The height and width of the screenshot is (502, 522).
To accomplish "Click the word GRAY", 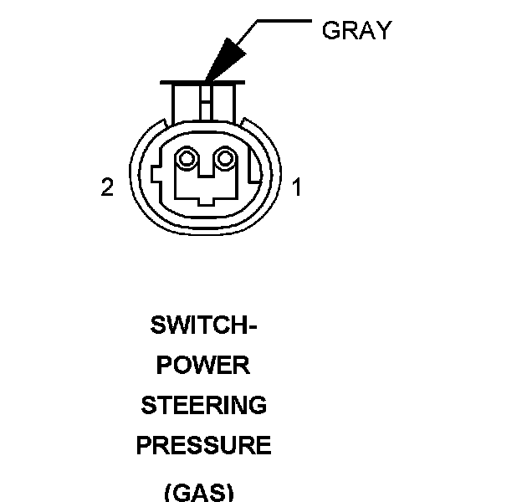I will (x=356, y=31).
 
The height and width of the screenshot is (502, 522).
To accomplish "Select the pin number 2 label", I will (x=107, y=187).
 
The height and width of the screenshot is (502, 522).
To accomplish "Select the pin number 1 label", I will (x=296, y=187).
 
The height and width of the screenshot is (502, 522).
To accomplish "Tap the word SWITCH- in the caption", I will (x=203, y=325).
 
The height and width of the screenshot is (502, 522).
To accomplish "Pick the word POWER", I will (x=203, y=366).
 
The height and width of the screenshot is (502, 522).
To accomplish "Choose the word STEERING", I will (x=203, y=406).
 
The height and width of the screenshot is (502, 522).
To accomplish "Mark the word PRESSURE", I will (x=203, y=446).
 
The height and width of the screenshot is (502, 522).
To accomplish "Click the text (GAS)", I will (x=198, y=491).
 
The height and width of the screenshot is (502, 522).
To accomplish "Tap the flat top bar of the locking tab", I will (x=205, y=82).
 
